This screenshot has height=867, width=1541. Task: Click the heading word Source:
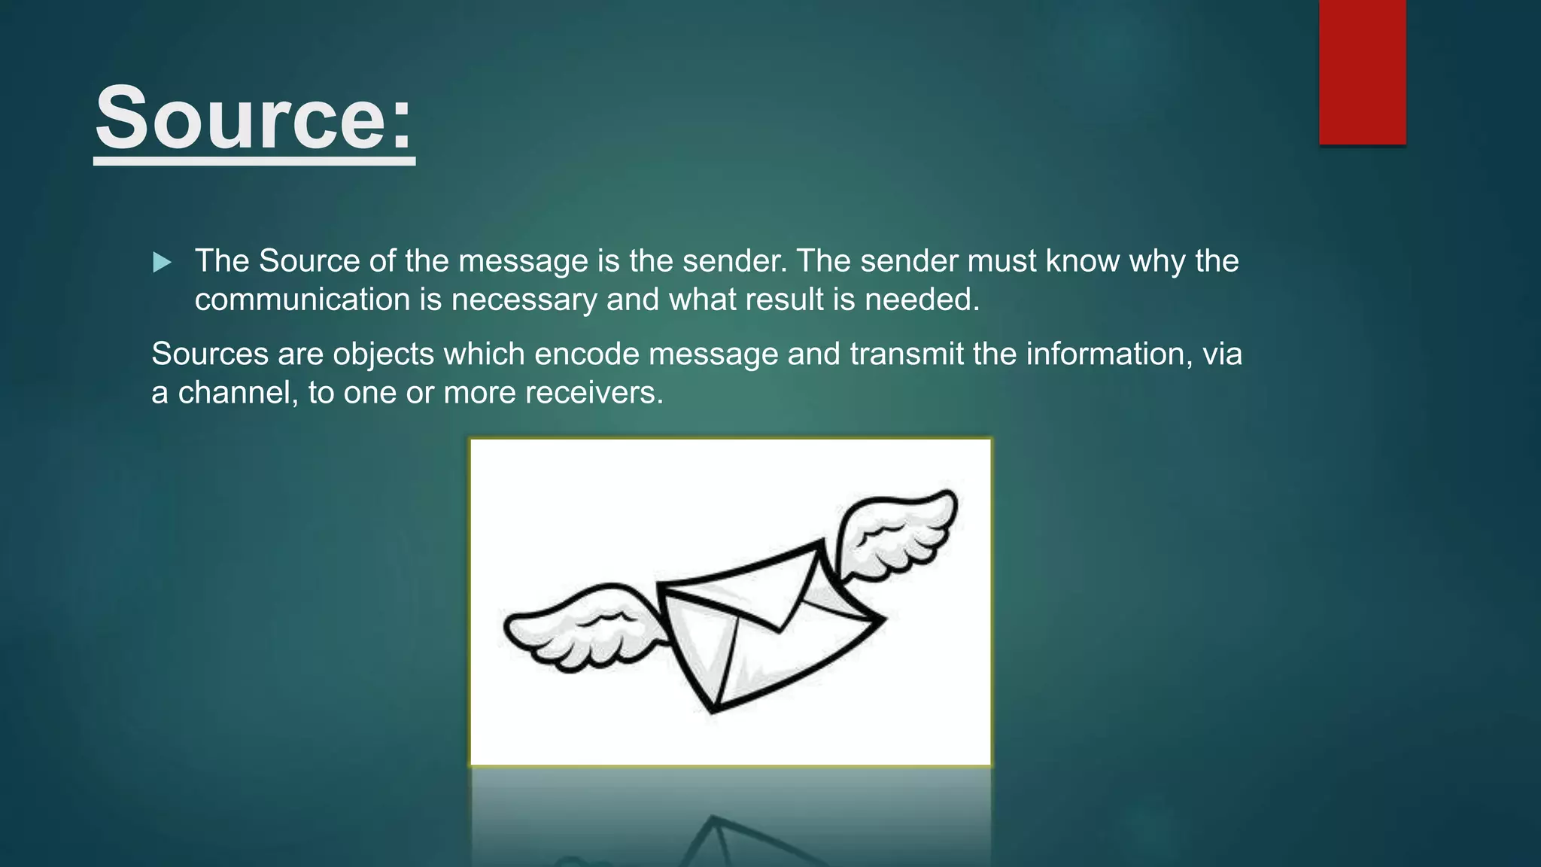(254, 119)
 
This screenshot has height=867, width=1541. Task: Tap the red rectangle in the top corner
(1362, 72)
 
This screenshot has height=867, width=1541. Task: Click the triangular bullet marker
(162, 263)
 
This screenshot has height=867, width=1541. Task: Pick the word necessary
(524, 300)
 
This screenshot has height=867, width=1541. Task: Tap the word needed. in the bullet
(922, 300)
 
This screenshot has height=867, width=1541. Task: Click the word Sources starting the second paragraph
(210, 354)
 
